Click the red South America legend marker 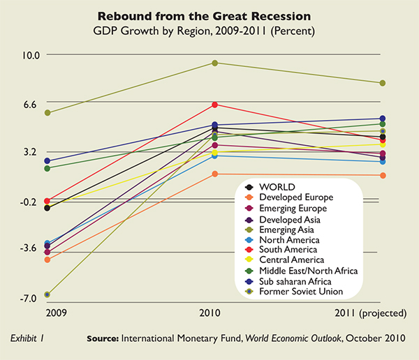(x=249, y=250)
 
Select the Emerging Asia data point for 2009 (x=47, y=113)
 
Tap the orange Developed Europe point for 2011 (x=383, y=175)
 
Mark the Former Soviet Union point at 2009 (x=47, y=294)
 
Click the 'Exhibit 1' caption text (x=29, y=338)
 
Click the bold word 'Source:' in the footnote (x=102, y=338)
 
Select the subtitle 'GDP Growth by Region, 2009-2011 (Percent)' (x=209, y=31)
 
